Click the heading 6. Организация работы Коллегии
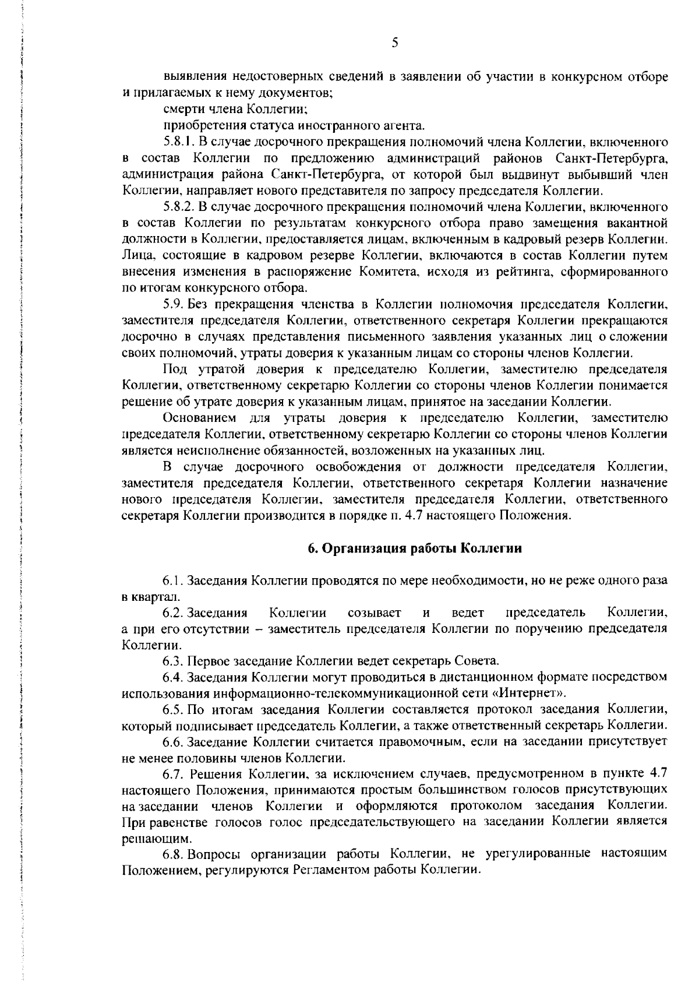414,548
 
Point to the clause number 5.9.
174,304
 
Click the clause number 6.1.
174,581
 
